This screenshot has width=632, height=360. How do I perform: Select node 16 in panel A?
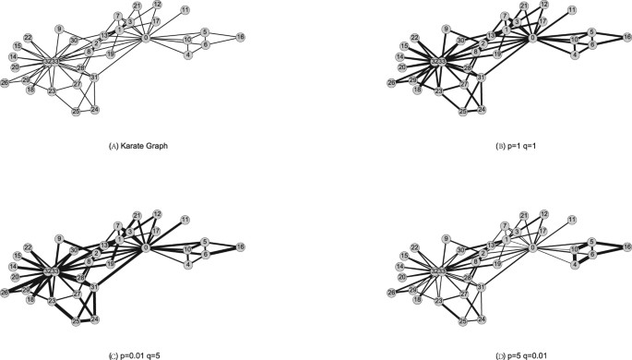(x=241, y=37)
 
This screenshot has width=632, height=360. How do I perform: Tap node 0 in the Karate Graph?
(x=147, y=38)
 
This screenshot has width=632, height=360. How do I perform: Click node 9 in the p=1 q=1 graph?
(x=446, y=29)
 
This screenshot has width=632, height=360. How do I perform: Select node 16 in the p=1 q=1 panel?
(x=627, y=37)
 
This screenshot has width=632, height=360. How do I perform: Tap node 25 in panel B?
(x=462, y=110)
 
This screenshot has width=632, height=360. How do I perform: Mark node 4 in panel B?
(x=575, y=55)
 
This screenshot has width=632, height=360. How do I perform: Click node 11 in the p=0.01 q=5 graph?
(x=185, y=219)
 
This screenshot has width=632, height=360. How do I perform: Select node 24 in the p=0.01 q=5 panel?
(x=95, y=318)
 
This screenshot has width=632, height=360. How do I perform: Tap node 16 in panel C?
(x=241, y=246)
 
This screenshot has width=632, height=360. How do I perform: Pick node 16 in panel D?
(x=627, y=246)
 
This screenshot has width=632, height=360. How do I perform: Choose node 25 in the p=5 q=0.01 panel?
(x=462, y=319)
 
